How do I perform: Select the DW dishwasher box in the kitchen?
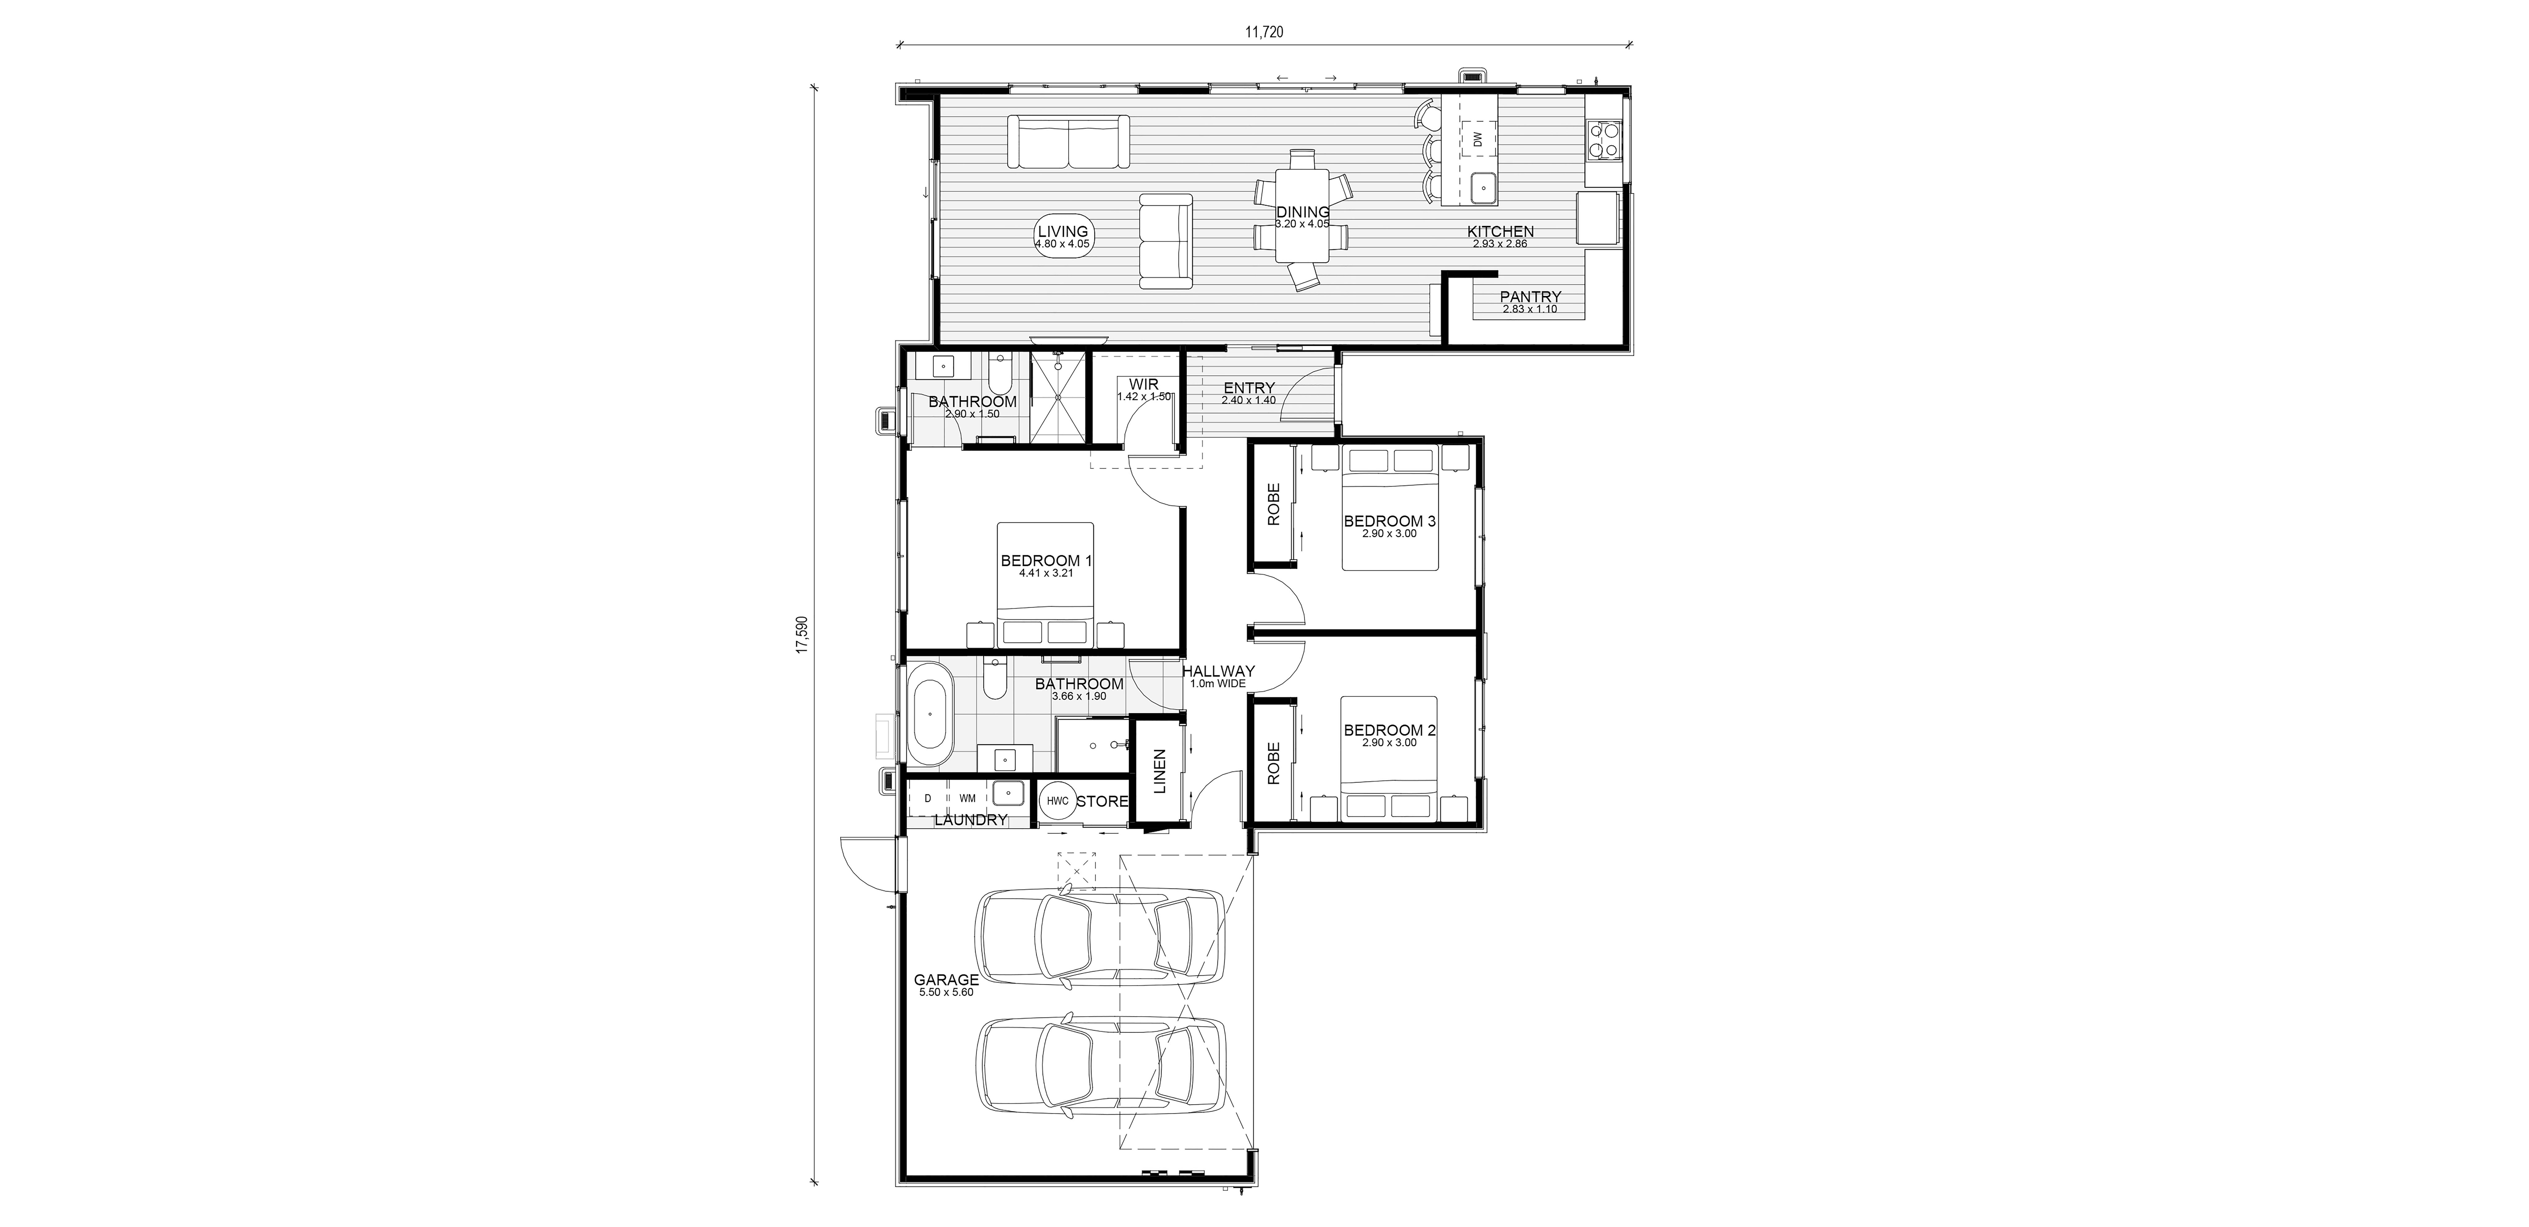tap(1478, 140)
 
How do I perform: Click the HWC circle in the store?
tap(1057, 801)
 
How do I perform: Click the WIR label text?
tap(1144, 384)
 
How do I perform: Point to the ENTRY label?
tap(1249, 388)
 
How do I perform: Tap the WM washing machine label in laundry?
tap(967, 798)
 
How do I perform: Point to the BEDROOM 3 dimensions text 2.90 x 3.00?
tap(1389, 534)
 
